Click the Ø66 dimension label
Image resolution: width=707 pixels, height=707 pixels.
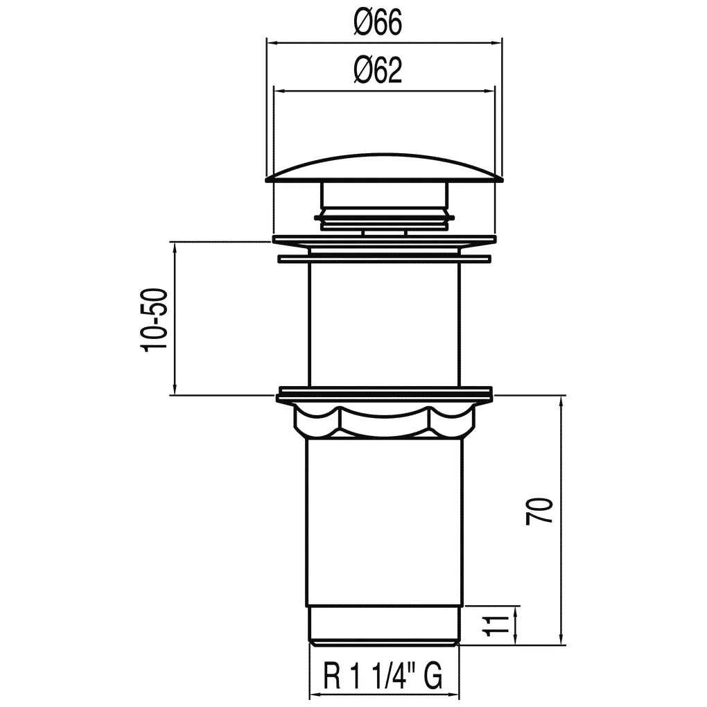(378, 23)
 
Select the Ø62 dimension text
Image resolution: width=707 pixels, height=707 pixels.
(378, 71)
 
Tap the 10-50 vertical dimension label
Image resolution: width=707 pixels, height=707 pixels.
(155, 320)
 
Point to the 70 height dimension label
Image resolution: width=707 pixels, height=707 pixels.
(539, 510)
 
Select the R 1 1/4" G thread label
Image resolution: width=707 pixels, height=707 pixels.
(383, 674)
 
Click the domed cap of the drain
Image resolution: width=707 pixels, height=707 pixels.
(384, 168)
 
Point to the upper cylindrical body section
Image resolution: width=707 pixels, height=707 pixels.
(384, 324)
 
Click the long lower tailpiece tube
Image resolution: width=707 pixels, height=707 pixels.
(384, 522)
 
